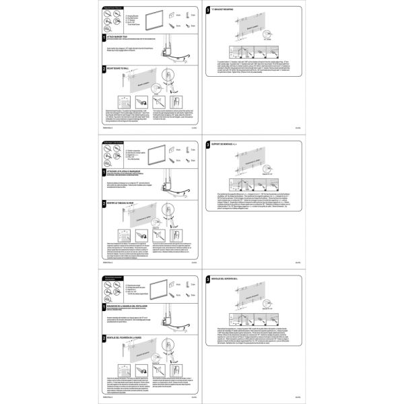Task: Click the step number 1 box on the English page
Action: (x=104, y=38)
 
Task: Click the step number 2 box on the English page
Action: (x=104, y=69)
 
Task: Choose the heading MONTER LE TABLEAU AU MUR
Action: (x=125, y=202)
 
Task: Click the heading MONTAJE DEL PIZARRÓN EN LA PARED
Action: (x=132, y=337)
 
